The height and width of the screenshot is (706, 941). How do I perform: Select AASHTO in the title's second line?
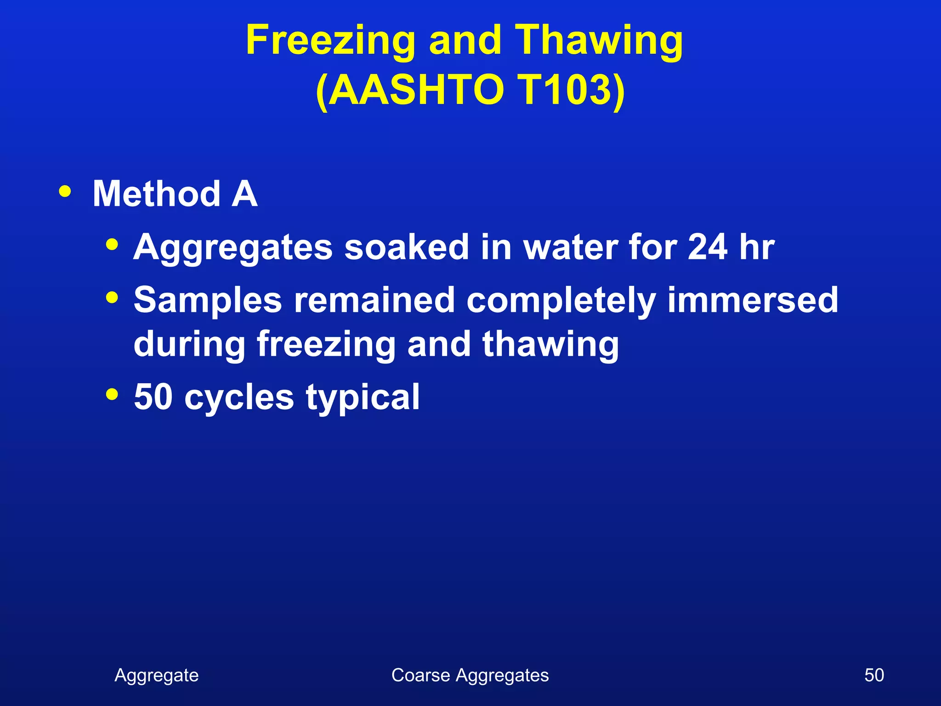[416, 90]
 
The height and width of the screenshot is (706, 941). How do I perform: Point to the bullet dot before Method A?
[65, 191]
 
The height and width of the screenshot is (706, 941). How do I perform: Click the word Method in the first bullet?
[156, 194]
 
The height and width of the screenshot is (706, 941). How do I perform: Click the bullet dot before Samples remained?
[112, 297]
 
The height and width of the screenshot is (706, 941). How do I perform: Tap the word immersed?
[753, 300]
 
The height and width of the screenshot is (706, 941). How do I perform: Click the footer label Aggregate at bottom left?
[157, 675]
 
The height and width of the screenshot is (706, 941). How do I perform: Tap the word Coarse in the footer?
[420, 675]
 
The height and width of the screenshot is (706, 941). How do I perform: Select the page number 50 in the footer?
[874, 675]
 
